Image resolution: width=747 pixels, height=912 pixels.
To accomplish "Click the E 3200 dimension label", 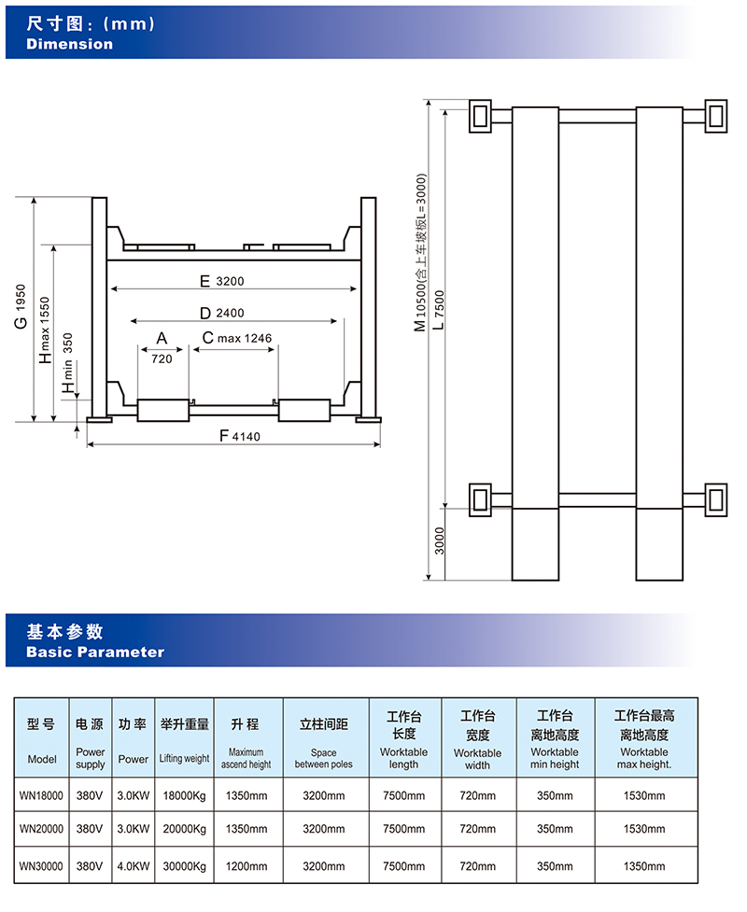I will (x=221, y=280).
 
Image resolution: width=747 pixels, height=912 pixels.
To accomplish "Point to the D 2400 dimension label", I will (x=221, y=313).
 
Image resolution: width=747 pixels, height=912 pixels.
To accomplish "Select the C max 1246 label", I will (x=236, y=337).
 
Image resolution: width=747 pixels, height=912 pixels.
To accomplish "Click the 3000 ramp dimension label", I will (x=440, y=540).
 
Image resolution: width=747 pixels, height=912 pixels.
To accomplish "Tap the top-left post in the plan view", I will (x=481, y=115).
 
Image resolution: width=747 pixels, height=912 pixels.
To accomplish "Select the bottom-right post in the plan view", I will (x=716, y=498).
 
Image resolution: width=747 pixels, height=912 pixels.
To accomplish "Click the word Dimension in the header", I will (x=69, y=44).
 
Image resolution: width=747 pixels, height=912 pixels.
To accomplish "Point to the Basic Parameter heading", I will (x=94, y=652).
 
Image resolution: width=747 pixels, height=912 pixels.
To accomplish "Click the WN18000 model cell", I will (x=42, y=795).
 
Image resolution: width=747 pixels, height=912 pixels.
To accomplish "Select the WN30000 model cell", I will (x=42, y=866).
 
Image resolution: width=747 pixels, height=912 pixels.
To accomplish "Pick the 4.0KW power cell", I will (x=134, y=866).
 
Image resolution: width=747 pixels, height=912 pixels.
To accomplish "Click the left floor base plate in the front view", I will (x=100, y=418).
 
